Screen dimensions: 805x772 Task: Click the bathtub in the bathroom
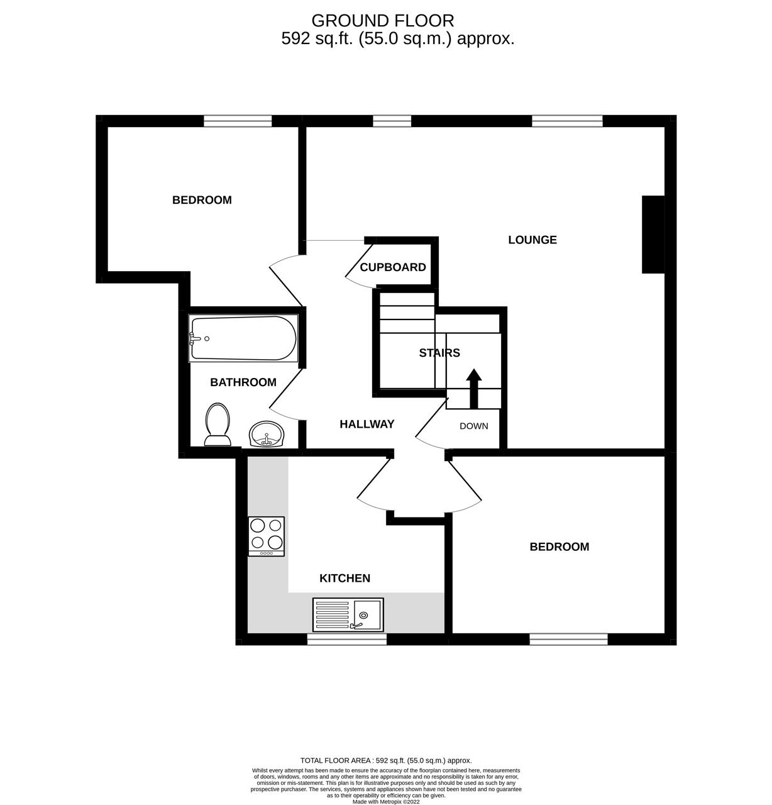point(243,339)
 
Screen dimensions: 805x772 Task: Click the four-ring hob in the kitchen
point(267,536)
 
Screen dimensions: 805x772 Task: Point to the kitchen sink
point(348,614)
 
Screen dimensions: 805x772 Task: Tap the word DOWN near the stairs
point(473,426)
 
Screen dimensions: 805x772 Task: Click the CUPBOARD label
point(393,267)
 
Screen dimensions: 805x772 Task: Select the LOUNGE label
point(532,240)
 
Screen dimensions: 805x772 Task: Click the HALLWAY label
point(367,425)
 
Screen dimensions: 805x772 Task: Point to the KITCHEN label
point(345,579)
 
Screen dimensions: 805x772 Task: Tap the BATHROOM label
point(243,382)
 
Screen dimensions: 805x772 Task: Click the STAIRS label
point(439,353)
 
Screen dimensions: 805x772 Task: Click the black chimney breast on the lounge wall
point(653,235)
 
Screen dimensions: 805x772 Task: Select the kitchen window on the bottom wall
point(347,639)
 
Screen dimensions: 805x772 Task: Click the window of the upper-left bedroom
point(238,121)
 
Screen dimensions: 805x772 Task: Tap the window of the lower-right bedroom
point(569,639)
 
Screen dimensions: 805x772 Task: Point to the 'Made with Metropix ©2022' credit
point(386,801)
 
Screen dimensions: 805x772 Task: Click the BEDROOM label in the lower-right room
point(560,547)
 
